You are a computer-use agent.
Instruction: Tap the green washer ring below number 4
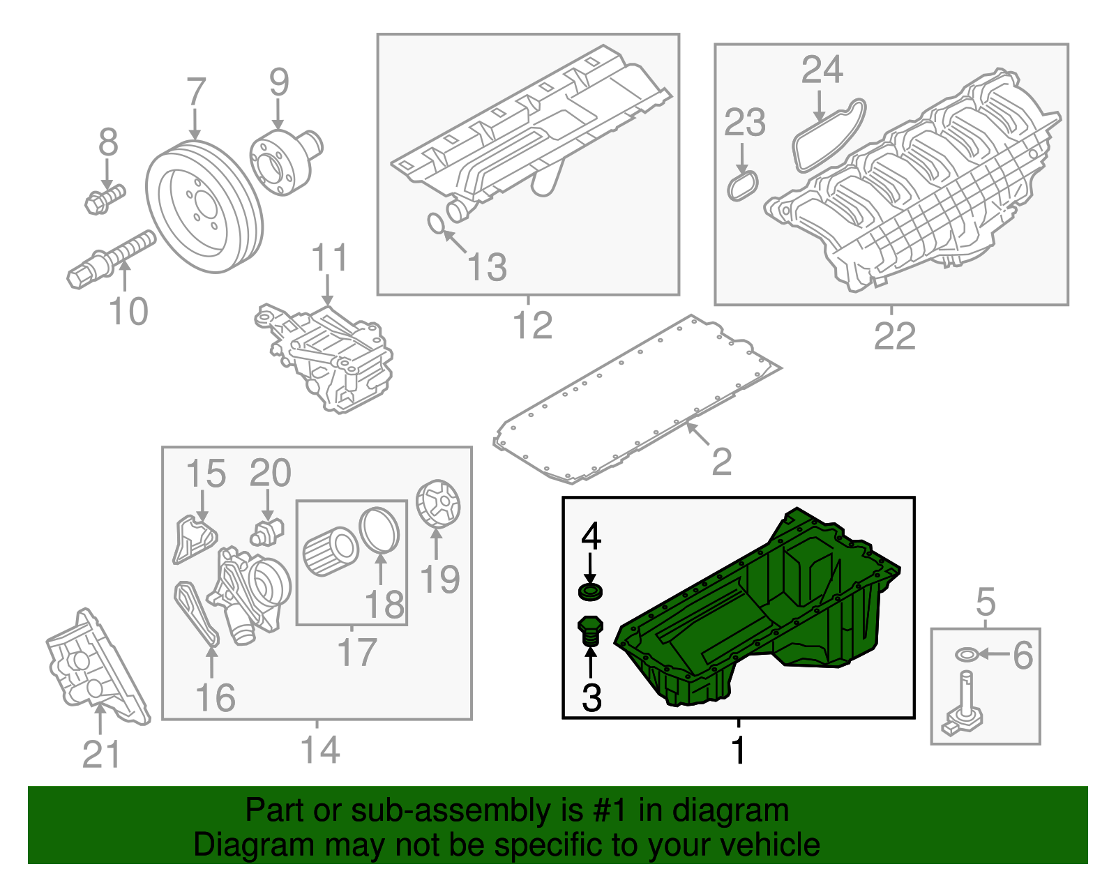(591, 593)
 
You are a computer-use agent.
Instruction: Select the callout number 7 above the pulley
(196, 93)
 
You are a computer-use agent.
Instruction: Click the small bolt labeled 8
(103, 198)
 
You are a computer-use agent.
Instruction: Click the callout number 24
(822, 70)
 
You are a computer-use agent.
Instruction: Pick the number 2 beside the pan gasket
(721, 462)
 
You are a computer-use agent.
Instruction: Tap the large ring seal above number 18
(379, 530)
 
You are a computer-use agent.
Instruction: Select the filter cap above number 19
(438, 504)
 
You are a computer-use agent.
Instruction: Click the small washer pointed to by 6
(966, 654)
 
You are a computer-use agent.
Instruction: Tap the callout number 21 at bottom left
(101, 755)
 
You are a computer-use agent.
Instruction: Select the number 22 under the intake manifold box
(894, 337)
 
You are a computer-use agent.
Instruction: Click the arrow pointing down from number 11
(328, 290)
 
